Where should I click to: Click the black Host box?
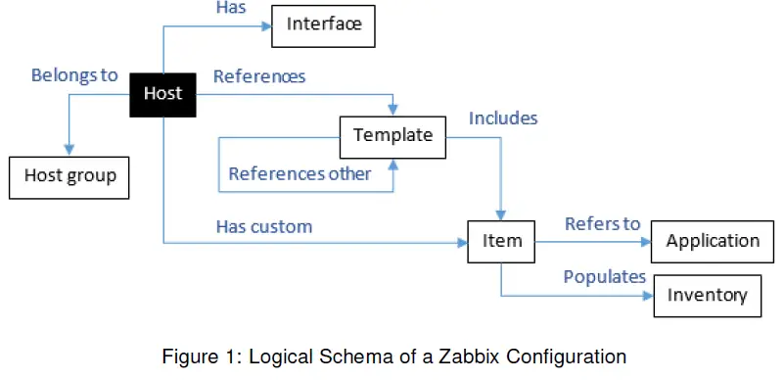click(x=162, y=94)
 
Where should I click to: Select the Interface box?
click(x=324, y=24)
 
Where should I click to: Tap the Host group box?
click(x=69, y=176)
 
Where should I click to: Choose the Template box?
click(x=392, y=135)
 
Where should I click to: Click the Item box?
click(x=501, y=241)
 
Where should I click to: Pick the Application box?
click(x=713, y=241)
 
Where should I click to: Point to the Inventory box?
click(x=707, y=295)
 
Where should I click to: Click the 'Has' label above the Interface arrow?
click(x=230, y=8)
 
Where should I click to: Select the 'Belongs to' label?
click(x=74, y=75)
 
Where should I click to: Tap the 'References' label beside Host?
click(x=259, y=75)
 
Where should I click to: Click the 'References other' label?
click(x=300, y=174)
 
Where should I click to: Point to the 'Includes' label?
click(x=503, y=119)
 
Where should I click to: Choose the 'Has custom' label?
click(x=263, y=227)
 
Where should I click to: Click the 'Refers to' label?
click(x=602, y=224)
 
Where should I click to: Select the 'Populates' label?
click(x=604, y=277)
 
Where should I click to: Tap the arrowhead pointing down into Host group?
click(x=69, y=150)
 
